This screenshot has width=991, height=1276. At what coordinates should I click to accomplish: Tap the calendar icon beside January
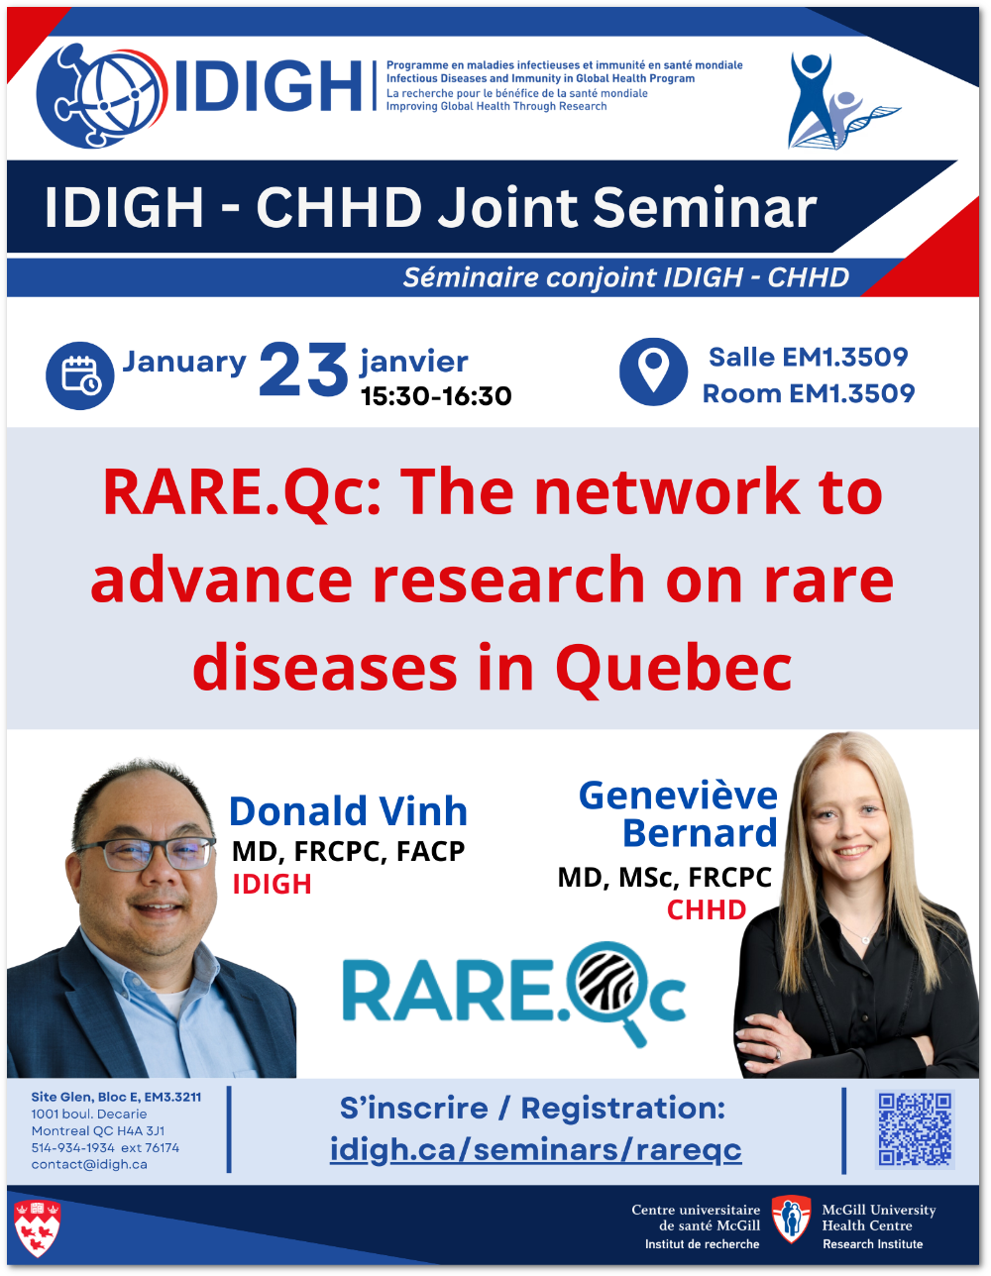point(80,375)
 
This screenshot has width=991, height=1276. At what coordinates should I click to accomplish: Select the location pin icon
point(653,372)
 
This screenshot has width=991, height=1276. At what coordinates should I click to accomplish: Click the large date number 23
point(303,370)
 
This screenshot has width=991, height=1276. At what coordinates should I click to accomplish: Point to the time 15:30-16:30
point(436,396)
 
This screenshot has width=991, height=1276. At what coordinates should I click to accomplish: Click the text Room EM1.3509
point(809,393)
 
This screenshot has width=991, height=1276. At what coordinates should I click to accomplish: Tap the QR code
point(915,1129)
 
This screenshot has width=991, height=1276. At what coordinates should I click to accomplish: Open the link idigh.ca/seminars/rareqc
point(536,1150)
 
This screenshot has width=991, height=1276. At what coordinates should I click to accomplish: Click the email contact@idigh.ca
point(89,1164)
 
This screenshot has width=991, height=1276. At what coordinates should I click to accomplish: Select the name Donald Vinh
point(348,811)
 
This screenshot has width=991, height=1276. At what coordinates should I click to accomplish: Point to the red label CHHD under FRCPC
point(707,910)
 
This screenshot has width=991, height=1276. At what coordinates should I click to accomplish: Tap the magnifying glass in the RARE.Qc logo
point(609,992)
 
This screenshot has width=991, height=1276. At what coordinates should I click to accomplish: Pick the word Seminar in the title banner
point(705,207)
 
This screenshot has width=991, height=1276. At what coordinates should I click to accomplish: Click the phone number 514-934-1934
point(73,1147)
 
